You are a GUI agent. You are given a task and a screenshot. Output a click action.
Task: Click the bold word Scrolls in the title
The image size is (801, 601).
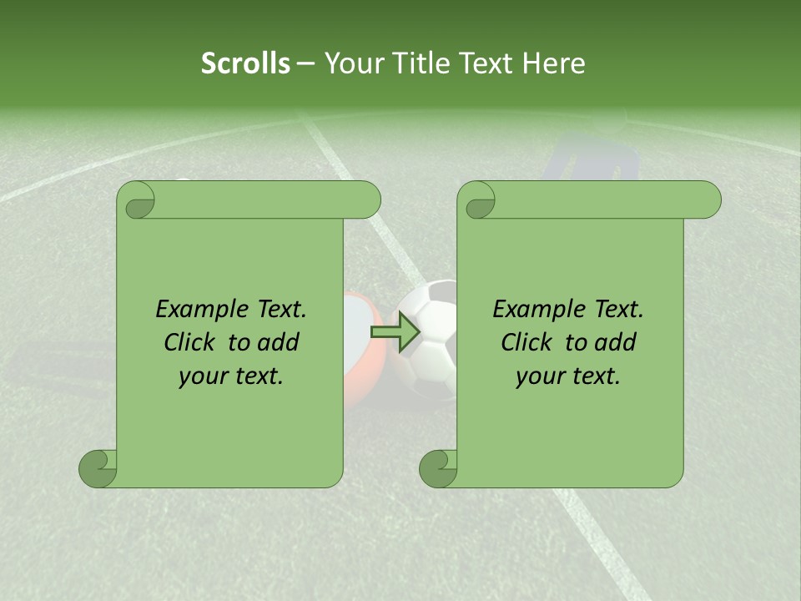click(246, 63)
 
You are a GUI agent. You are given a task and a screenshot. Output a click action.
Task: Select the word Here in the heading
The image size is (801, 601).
click(553, 63)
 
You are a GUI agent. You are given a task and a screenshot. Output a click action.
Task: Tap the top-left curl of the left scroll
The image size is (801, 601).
click(136, 200)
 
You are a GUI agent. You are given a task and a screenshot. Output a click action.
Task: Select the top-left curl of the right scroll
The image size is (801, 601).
click(477, 200)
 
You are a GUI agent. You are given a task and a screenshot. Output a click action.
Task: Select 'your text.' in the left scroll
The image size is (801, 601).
click(231, 376)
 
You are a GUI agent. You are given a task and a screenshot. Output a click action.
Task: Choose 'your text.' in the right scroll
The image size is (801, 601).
click(568, 376)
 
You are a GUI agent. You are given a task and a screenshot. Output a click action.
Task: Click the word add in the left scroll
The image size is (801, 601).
click(279, 342)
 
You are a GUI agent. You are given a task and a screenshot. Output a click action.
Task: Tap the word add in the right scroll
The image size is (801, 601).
click(616, 342)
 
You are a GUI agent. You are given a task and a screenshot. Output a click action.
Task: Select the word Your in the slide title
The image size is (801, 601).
click(350, 63)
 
